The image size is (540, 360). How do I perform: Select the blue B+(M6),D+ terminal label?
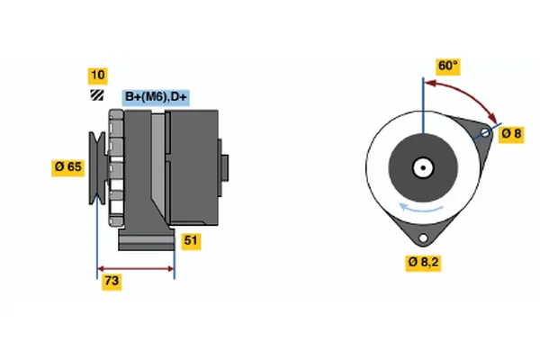point(155,96)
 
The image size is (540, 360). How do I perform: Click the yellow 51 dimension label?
point(191,240)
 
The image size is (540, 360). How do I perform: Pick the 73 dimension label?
point(111,282)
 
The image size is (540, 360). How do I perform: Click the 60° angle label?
point(447,66)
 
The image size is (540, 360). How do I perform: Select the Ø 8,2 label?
point(425,263)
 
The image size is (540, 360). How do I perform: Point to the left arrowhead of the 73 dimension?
point(101,268)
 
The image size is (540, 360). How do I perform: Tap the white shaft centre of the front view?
point(421,166)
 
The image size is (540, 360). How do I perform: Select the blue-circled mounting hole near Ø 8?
point(485,134)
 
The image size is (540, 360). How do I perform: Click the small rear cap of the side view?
point(224,168)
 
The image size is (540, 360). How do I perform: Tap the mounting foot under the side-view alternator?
point(144,241)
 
